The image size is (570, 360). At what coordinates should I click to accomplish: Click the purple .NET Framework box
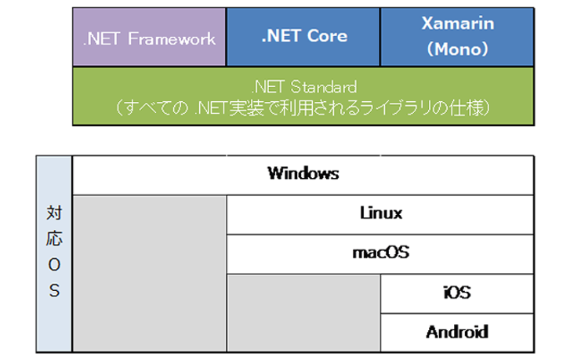pyautogui.click(x=149, y=37)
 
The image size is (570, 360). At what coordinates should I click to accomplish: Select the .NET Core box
pyautogui.click(x=303, y=37)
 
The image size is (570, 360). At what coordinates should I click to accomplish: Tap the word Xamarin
pyautogui.click(x=458, y=24)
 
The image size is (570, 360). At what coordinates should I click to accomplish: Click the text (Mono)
pyautogui.click(x=458, y=49)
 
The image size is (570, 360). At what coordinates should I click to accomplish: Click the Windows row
pyautogui.click(x=303, y=175)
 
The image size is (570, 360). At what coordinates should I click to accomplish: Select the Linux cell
pyautogui.click(x=380, y=215)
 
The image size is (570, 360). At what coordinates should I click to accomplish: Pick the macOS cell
pyautogui.click(x=380, y=254)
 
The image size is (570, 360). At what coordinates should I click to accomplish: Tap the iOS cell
pyautogui.click(x=457, y=293)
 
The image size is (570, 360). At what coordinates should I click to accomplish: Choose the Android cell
pyautogui.click(x=457, y=333)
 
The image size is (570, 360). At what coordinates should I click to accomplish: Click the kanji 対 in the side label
pyautogui.click(x=54, y=213)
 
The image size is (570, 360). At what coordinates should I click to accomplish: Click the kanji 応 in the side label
pyautogui.click(x=54, y=238)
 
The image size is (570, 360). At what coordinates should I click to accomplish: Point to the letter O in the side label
pyautogui.click(x=54, y=265)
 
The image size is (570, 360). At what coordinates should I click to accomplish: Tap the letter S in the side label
pyautogui.click(x=54, y=290)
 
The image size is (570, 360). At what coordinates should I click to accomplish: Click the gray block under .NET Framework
pyautogui.click(x=149, y=274)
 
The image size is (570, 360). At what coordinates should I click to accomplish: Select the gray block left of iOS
pyautogui.click(x=304, y=313)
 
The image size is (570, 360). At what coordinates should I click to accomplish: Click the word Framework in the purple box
pyautogui.click(x=172, y=39)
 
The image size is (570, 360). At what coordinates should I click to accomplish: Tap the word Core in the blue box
pyautogui.click(x=327, y=35)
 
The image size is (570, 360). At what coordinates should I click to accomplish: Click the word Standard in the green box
pyautogui.click(x=324, y=87)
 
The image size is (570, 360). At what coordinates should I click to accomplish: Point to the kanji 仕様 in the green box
pyautogui.click(x=466, y=108)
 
